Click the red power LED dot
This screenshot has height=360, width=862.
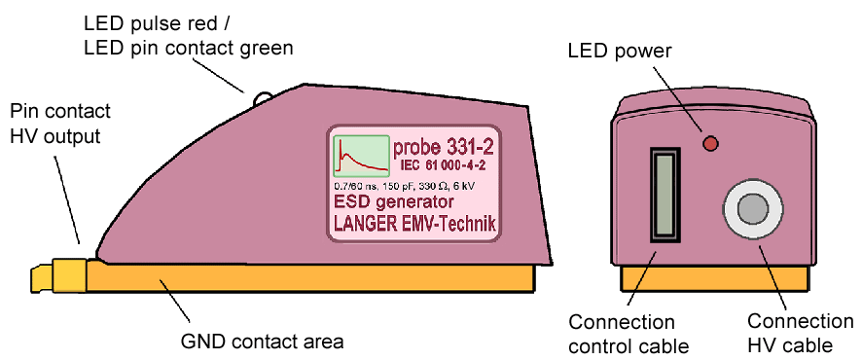point(710,144)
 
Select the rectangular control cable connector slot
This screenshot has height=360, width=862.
point(664,195)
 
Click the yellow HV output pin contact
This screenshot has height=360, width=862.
point(67,276)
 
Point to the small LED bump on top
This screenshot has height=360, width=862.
point(263,98)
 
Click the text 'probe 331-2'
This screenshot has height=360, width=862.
point(444,148)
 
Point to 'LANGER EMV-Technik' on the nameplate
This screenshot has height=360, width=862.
point(414,225)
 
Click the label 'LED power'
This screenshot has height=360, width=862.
point(620,50)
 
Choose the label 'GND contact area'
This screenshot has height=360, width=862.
point(262,342)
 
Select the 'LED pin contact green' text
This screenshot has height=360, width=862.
point(189,46)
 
